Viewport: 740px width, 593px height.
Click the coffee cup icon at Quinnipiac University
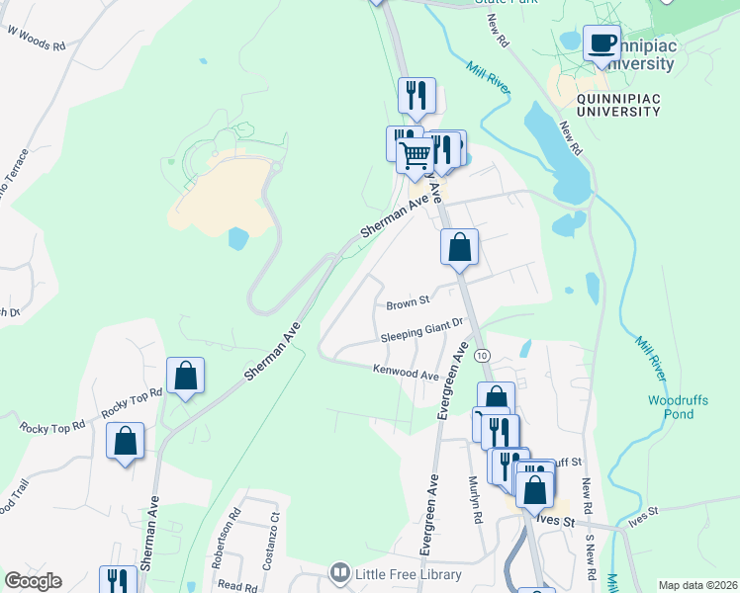coord(601,43)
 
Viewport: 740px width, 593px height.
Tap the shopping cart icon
coord(416,154)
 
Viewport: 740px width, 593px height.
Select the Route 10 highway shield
coord(481,355)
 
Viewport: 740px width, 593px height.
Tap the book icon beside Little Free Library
coord(340,573)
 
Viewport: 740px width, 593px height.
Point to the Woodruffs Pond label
coord(678,407)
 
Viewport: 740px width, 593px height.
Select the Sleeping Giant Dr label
coord(422,331)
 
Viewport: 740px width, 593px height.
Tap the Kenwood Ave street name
coord(406,374)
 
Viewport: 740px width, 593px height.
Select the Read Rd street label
coord(237,585)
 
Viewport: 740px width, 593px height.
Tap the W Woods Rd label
coord(37,39)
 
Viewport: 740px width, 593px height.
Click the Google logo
coord(33,581)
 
